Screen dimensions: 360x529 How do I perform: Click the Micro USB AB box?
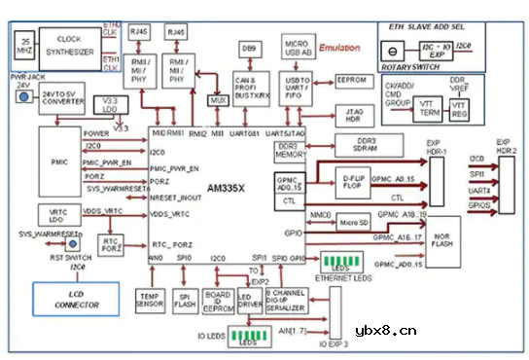pyautogui.click(x=297, y=48)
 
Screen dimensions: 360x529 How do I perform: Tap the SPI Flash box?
pyautogui.click(x=183, y=299)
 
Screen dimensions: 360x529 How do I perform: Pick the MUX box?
pyautogui.click(x=220, y=100)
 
